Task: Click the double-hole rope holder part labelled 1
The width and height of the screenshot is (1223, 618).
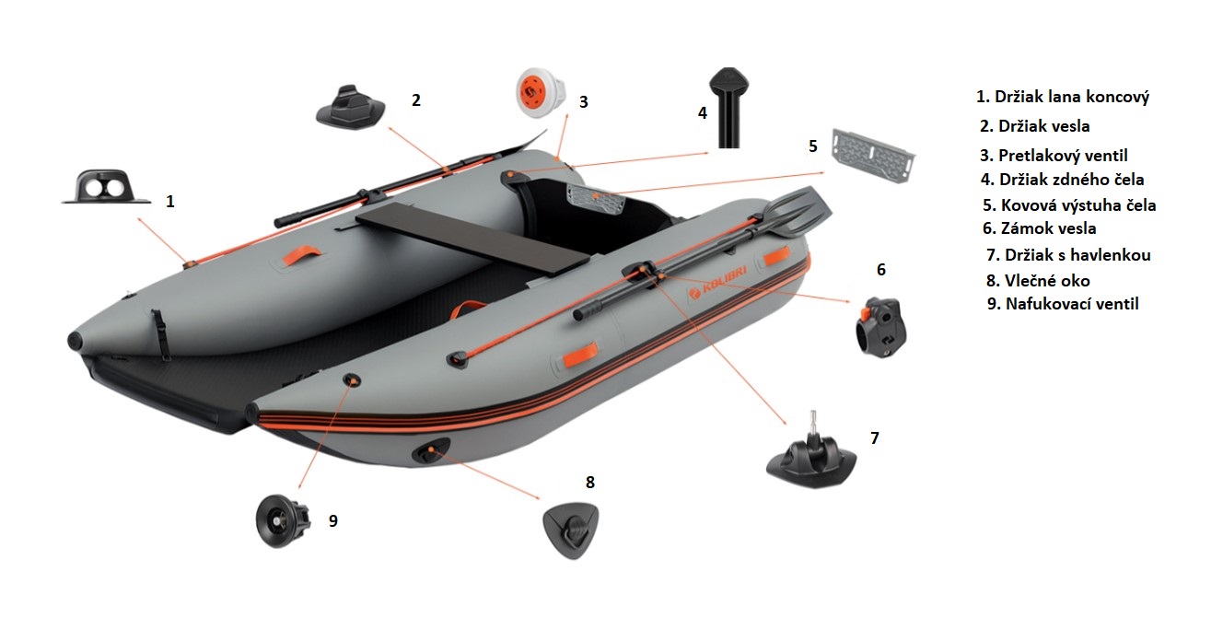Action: [x=107, y=187]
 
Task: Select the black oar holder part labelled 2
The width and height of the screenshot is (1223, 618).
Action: [x=351, y=107]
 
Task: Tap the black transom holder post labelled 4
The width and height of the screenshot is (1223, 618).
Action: [x=729, y=108]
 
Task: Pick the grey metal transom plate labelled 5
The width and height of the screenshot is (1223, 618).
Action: [x=873, y=156]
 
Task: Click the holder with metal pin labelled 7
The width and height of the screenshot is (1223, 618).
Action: [x=812, y=458]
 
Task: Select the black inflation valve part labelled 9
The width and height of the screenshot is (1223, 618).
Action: [x=284, y=521]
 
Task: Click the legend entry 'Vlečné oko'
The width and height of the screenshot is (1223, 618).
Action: [x=1038, y=281]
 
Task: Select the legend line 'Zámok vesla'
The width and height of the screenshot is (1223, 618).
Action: [x=1040, y=228]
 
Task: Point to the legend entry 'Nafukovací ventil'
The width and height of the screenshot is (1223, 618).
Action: [x=1063, y=304]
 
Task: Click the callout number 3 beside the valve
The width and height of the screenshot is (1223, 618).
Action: [x=584, y=102]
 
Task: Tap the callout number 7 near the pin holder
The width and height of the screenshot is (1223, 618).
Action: [x=875, y=438]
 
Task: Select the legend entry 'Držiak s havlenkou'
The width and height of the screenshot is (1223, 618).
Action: [x=1068, y=255]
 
